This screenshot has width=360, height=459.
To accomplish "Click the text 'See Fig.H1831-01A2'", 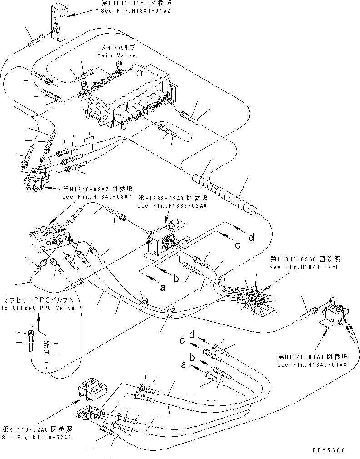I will pyautogui.click(x=137, y=11).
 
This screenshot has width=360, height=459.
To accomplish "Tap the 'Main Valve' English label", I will pyautogui.click(x=116, y=55).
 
